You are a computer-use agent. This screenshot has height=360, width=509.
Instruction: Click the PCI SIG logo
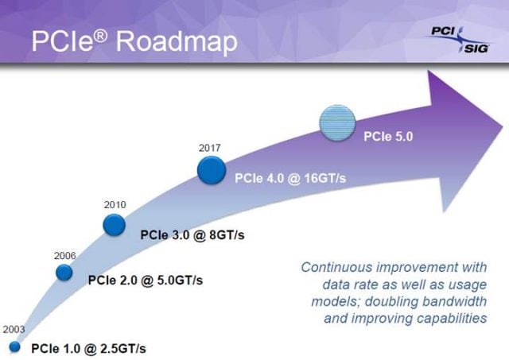coord(454,38)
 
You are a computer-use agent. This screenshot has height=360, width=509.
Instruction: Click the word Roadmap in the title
coord(177,41)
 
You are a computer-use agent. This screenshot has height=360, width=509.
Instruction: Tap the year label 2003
coord(14,329)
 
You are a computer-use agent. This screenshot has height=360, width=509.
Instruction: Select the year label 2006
coord(64,256)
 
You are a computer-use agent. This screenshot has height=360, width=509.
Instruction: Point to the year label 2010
coord(115,205)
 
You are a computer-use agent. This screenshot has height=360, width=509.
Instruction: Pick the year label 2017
coord(210,148)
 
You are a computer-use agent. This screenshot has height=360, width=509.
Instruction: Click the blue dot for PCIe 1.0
coord(14,347)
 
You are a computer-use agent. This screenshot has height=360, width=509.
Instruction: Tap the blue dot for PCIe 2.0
coord(64,273)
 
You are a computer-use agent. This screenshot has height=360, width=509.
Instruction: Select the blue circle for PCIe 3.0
coord(115,225)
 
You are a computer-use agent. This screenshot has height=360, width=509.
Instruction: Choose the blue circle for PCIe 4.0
coord(211,169)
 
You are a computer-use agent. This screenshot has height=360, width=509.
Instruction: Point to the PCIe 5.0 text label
coord(389,136)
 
